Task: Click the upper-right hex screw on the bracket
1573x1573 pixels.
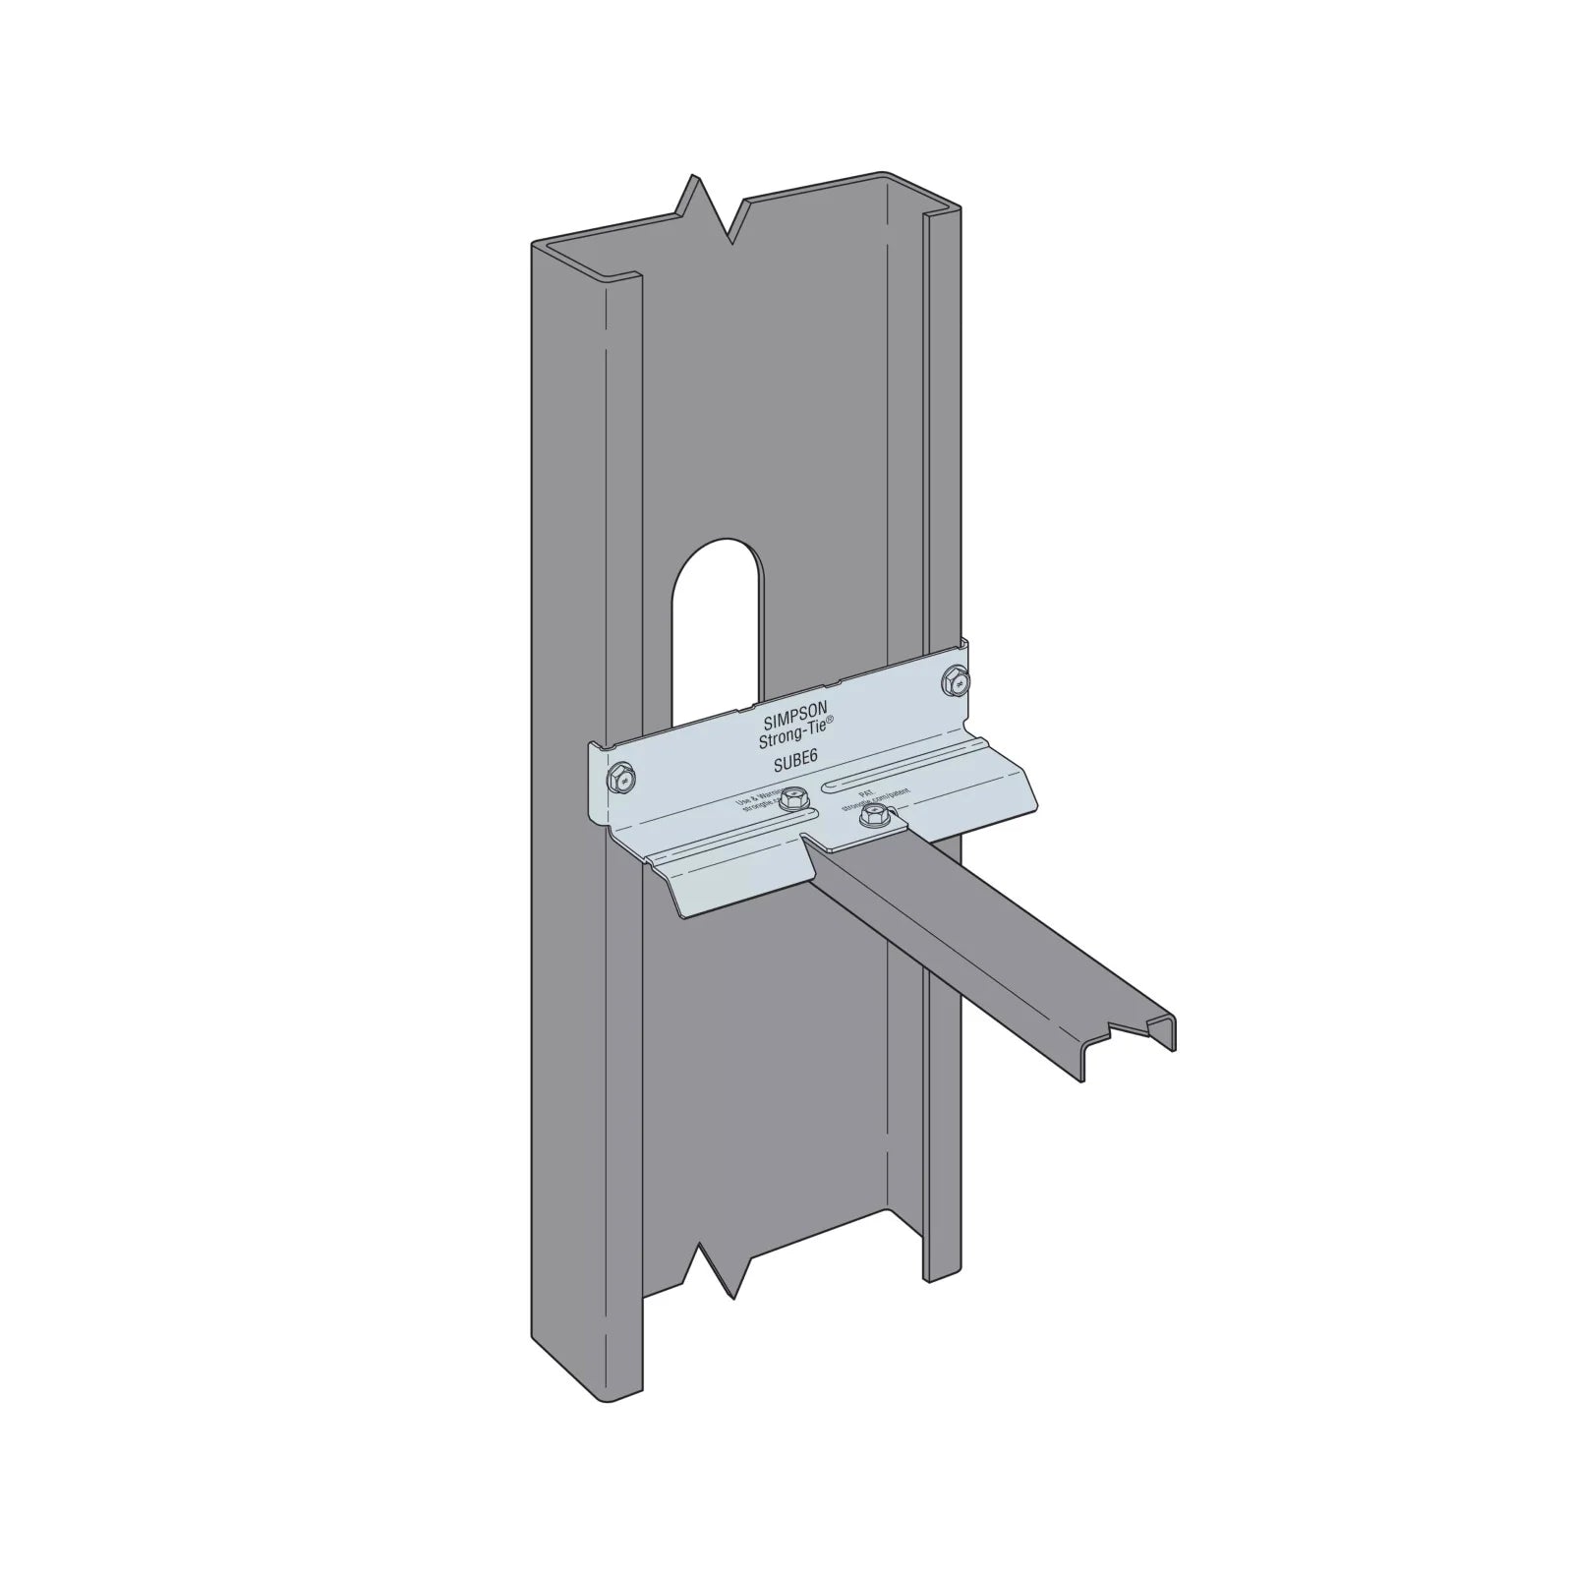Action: [955, 677]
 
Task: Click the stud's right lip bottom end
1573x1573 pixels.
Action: [942, 1278]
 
